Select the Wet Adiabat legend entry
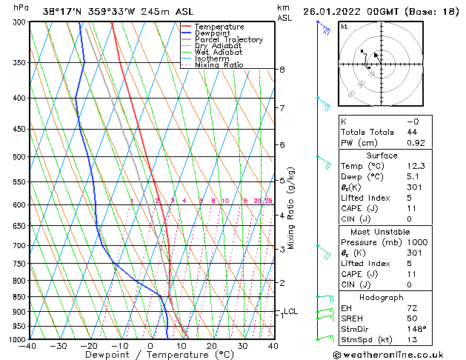pyautogui.click(x=219, y=52)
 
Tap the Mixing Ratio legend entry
pyautogui.click(x=219, y=65)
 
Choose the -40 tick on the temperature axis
pyautogui.click(x=28, y=346)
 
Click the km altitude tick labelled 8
pyautogui.click(x=282, y=70)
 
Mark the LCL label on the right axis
pyautogui.click(x=290, y=312)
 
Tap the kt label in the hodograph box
pyautogui.click(x=344, y=26)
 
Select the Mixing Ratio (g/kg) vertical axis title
pyautogui.click(x=292, y=207)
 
